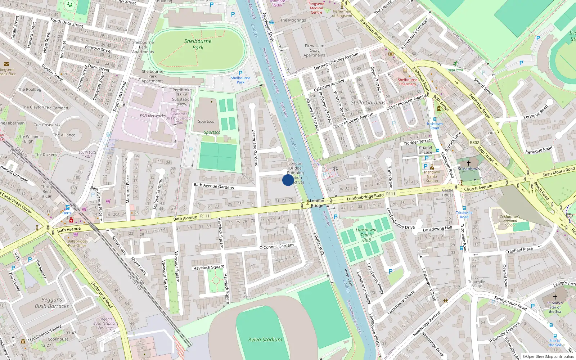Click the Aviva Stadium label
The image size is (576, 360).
265,339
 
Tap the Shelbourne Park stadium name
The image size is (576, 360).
198,44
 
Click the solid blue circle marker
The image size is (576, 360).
288,180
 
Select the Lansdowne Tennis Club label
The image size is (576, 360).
366,235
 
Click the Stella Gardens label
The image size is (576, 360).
368,103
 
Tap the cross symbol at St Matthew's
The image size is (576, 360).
469,163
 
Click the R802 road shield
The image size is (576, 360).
474,143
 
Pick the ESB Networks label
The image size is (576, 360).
153,116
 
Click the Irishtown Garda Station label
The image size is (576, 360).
432,176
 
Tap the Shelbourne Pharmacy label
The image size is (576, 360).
408,82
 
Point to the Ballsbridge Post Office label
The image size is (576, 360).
77,243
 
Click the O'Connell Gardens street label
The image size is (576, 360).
277,247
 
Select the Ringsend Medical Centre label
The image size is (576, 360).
316,8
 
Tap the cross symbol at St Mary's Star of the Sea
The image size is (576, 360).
555,297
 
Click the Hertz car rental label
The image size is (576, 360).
67,213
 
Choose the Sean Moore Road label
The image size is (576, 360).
558,172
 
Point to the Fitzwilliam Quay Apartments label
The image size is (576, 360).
314,50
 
